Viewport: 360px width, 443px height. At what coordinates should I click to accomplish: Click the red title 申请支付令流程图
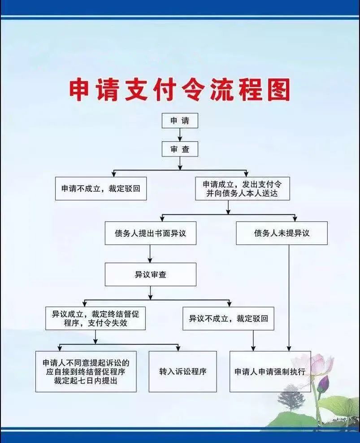pyautogui.click(x=179, y=90)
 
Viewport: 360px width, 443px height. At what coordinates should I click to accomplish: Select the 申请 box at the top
pyautogui.click(x=180, y=121)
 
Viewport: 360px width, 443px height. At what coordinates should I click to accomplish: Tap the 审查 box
pyautogui.click(x=180, y=149)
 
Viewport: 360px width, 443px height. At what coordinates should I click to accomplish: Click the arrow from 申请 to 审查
pyautogui.click(x=180, y=135)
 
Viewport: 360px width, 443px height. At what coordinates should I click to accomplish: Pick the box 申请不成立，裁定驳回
pyautogui.click(x=101, y=188)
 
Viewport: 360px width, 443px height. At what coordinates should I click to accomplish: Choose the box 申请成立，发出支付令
pyautogui.click(x=242, y=188)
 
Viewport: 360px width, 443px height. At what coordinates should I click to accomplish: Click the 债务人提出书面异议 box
pyautogui.click(x=150, y=233)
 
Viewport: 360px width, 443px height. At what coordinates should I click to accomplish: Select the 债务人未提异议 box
pyautogui.click(x=282, y=233)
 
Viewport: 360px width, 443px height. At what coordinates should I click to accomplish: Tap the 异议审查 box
pyautogui.click(x=150, y=274)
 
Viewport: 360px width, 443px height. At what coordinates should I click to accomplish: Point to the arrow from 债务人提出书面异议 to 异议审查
pyautogui.click(x=150, y=254)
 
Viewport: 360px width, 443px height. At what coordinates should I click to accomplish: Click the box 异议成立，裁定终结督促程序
pyautogui.click(x=95, y=318)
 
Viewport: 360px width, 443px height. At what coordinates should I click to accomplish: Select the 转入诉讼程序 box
pyautogui.click(x=182, y=372)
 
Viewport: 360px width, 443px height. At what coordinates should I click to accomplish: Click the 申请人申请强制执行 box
pyautogui.click(x=270, y=372)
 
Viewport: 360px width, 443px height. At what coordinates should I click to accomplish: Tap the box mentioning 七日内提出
pyautogui.click(x=86, y=372)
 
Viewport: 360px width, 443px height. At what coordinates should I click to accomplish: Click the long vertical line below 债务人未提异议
pyautogui.click(x=289, y=296)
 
